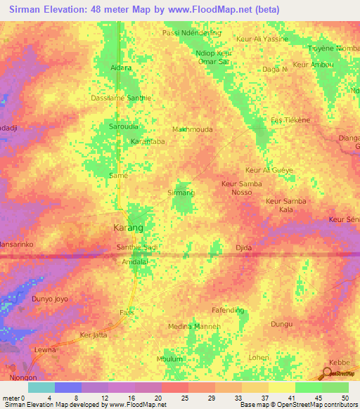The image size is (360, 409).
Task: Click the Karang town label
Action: [128, 228]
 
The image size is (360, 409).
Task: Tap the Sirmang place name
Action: [181, 192]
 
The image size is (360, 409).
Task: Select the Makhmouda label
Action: [192, 129]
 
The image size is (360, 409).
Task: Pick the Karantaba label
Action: [148, 141]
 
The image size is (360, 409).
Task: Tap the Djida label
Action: [243, 248]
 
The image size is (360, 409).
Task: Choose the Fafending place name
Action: [228, 310]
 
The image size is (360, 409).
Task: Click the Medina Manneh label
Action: [195, 327]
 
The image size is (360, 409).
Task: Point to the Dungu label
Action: [281, 324]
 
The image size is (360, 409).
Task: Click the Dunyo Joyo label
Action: [50, 299]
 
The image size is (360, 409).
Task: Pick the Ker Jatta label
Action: [94, 335]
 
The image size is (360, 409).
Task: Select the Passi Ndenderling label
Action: [191, 32]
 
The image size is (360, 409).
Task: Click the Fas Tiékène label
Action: [290, 120]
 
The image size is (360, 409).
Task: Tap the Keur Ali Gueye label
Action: [269, 170]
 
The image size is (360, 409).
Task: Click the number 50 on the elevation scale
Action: [345, 397]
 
